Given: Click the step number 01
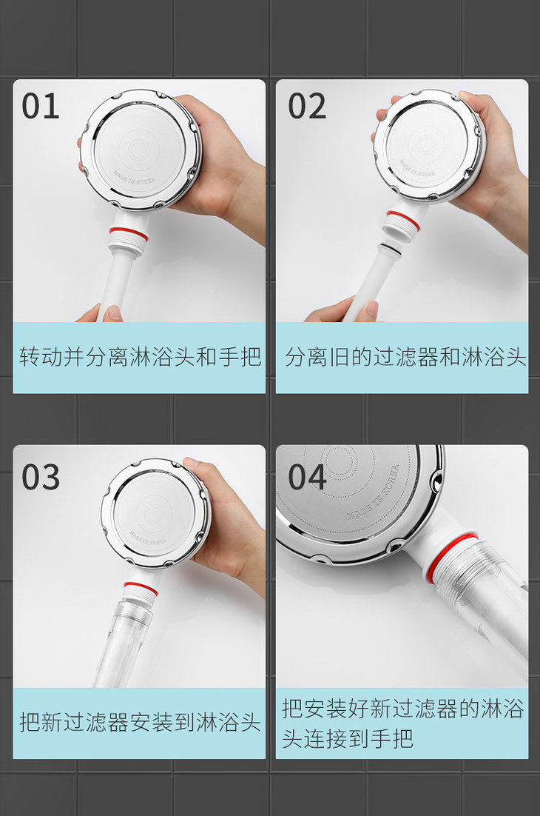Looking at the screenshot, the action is tap(41, 106).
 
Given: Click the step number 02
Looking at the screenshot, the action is tap(307, 106).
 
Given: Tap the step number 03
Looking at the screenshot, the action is tap(41, 477).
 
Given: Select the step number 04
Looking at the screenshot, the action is tap(307, 477).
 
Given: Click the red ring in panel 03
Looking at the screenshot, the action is tap(141, 588).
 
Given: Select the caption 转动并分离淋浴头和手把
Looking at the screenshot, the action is tap(140, 357).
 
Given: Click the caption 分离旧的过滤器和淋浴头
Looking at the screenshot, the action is tap(405, 357).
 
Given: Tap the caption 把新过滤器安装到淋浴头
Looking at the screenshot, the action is tap(140, 722).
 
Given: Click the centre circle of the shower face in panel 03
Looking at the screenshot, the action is tap(152, 513).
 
